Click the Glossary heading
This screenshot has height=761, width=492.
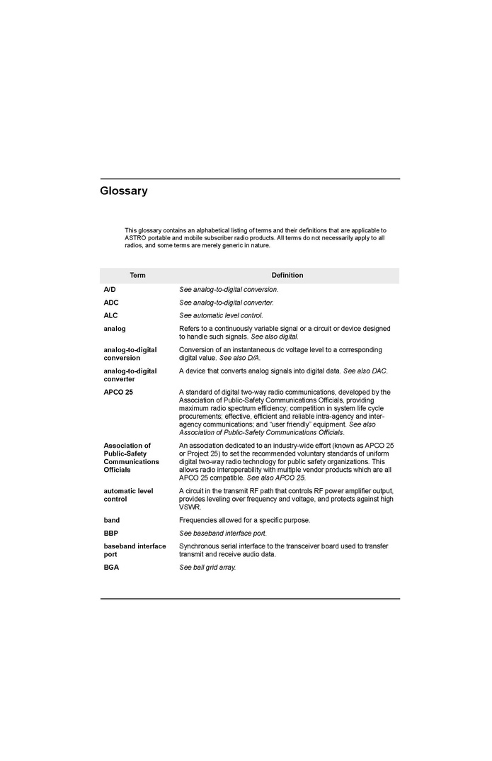point(124,191)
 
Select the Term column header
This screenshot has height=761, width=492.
point(137,275)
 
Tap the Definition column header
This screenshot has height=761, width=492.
point(287,275)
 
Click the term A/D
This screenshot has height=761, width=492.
point(110,289)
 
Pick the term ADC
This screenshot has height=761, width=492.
point(111,303)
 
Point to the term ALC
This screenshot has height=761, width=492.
point(111,315)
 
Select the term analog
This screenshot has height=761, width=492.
point(115,329)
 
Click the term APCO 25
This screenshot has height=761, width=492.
point(118,392)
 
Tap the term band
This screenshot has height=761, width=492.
point(112,520)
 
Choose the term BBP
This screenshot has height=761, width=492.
point(111,533)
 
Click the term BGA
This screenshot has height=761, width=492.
point(111,568)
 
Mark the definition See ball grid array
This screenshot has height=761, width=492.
point(207,568)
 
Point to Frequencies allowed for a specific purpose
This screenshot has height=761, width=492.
point(244,520)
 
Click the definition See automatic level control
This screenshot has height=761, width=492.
point(221,315)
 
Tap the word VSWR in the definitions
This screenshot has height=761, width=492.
point(190,507)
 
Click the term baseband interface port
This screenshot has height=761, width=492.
point(135,551)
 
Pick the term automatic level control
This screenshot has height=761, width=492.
point(128,495)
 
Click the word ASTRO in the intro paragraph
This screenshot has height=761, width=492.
point(136,238)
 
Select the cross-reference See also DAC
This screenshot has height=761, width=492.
point(365,371)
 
